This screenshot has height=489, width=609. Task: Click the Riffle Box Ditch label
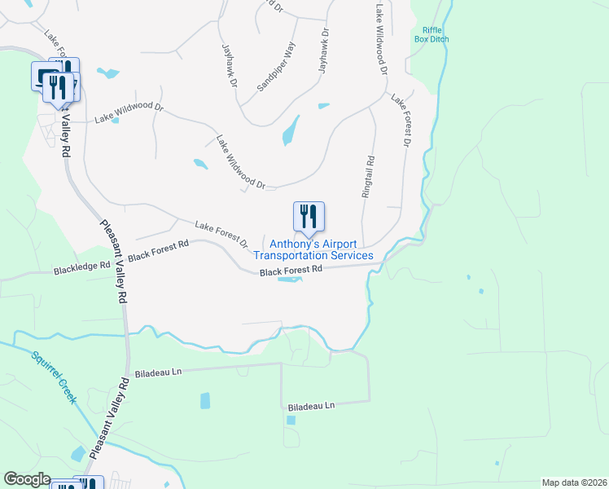(431, 33)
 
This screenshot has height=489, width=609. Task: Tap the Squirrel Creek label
(54, 377)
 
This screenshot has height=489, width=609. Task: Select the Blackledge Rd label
(81, 267)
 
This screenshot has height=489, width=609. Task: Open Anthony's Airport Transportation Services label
(321, 249)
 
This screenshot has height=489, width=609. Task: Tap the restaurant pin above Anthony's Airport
(309, 217)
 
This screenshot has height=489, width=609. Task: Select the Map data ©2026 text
(574, 482)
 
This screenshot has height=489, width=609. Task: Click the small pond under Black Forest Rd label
(291, 281)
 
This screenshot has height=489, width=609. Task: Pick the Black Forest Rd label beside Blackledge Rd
(158, 249)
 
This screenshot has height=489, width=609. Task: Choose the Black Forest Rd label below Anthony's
(291, 269)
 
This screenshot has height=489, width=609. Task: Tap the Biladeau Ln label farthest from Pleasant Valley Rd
(312, 405)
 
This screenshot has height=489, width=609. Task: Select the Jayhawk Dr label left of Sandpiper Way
(229, 65)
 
